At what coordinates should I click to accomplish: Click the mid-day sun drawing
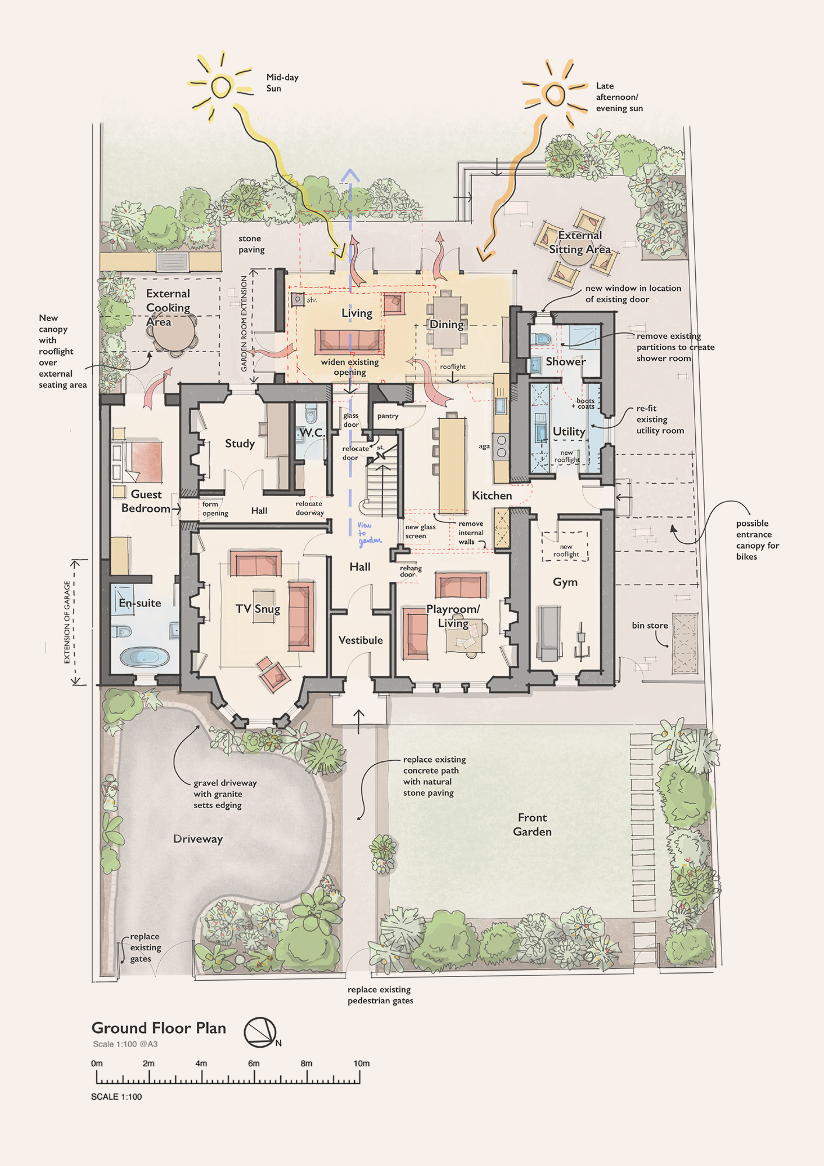(x=221, y=87)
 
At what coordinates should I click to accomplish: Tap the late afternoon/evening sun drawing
(x=555, y=94)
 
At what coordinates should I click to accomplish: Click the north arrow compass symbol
(x=260, y=1031)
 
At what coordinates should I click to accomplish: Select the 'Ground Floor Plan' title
(x=159, y=1028)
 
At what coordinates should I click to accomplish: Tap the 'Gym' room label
(x=565, y=582)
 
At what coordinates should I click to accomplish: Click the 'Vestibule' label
(x=361, y=640)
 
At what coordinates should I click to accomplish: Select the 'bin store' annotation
(x=650, y=625)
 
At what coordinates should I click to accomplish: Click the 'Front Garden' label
(x=532, y=824)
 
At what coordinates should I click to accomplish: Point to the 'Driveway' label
(x=198, y=839)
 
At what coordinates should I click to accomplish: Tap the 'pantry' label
(x=388, y=416)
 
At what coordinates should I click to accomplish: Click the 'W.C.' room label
(x=312, y=433)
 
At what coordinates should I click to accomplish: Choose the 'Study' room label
(x=240, y=444)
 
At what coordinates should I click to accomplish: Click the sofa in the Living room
(x=349, y=342)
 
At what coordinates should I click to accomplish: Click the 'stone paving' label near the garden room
(x=251, y=244)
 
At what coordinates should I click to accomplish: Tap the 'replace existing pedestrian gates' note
(x=381, y=995)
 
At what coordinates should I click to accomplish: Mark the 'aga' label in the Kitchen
(x=484, y=447)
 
